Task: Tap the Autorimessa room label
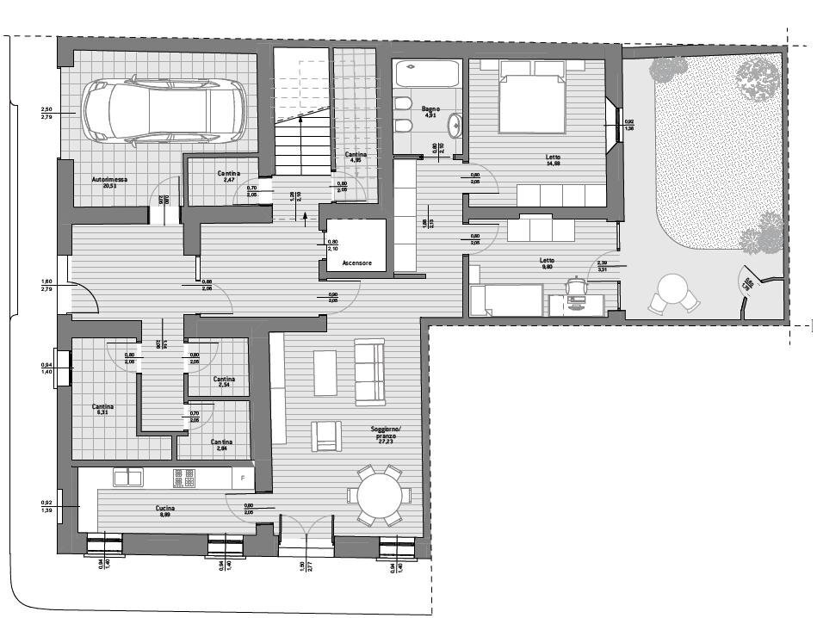pos(110,182)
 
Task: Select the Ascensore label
pos(356,263)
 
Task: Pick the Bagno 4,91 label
pos(430,112)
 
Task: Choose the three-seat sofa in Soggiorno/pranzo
pos(369,372)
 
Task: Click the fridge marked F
pos(244,477)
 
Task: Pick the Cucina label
pos(166,510)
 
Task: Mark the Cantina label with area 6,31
pos(103,410)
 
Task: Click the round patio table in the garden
pos(673,287)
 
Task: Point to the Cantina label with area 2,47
pos(229,176)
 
